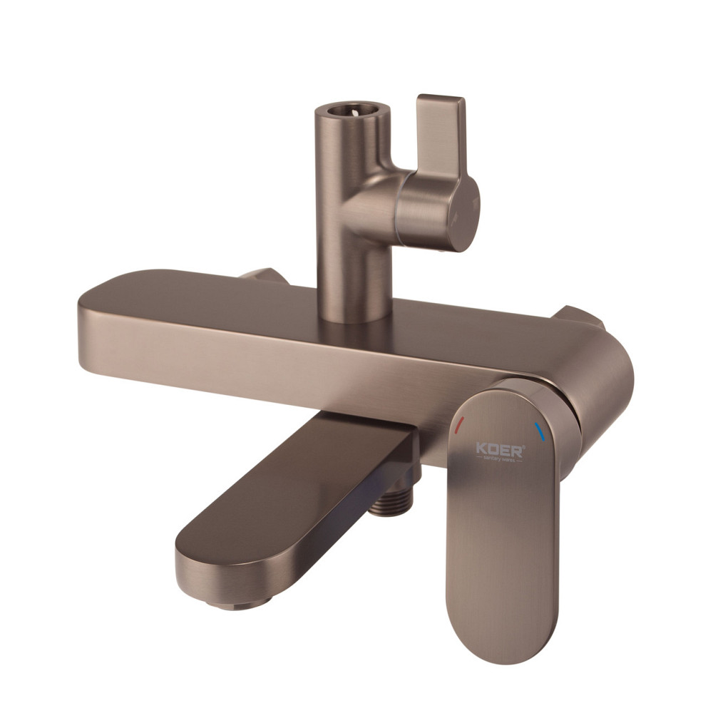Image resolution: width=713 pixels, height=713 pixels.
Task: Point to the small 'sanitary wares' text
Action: pyautogui.click(x=499, y=461)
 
